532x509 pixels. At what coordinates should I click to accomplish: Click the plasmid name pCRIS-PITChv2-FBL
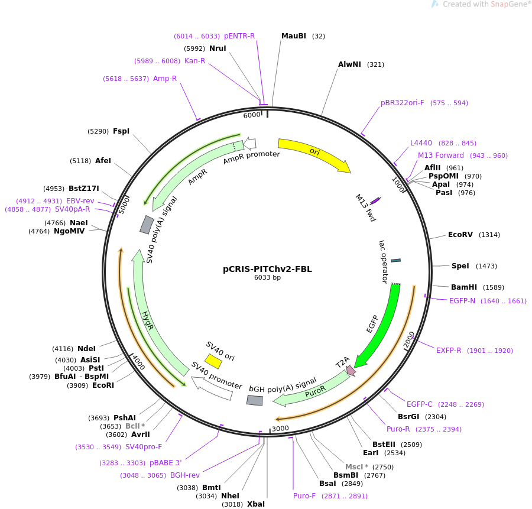click(x=267, y=269)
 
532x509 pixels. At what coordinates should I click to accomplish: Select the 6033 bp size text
click(x=267, y=278)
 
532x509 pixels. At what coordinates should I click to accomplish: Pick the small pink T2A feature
click(x=351, y=371)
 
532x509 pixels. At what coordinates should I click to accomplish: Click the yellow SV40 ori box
click(x=213, y=361)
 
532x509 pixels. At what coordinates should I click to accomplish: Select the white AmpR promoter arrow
click(x=250, y=143)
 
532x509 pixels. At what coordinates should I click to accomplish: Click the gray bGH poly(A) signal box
click(x=254, y=400)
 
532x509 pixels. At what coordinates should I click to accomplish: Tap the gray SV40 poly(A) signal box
click(x=147, y=225)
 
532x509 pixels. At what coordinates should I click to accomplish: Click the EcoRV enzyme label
click(x=460, y=235)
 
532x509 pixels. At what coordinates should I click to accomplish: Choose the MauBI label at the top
click(x=294, y=36)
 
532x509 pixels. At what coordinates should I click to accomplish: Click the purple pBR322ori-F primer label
click(x=403, y=103)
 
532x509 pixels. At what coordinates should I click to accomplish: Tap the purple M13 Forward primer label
click(x=441, y=155)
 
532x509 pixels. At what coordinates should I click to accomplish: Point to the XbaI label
click(x=256, y=504)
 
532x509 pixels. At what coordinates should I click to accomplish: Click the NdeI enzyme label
click(x=86, y=349)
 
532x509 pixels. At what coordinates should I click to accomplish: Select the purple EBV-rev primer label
click(x=80, y=201)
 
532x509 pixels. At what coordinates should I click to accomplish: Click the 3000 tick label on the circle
click(x=280, y=429)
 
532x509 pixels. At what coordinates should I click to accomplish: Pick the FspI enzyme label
click(x=121, y=131)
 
